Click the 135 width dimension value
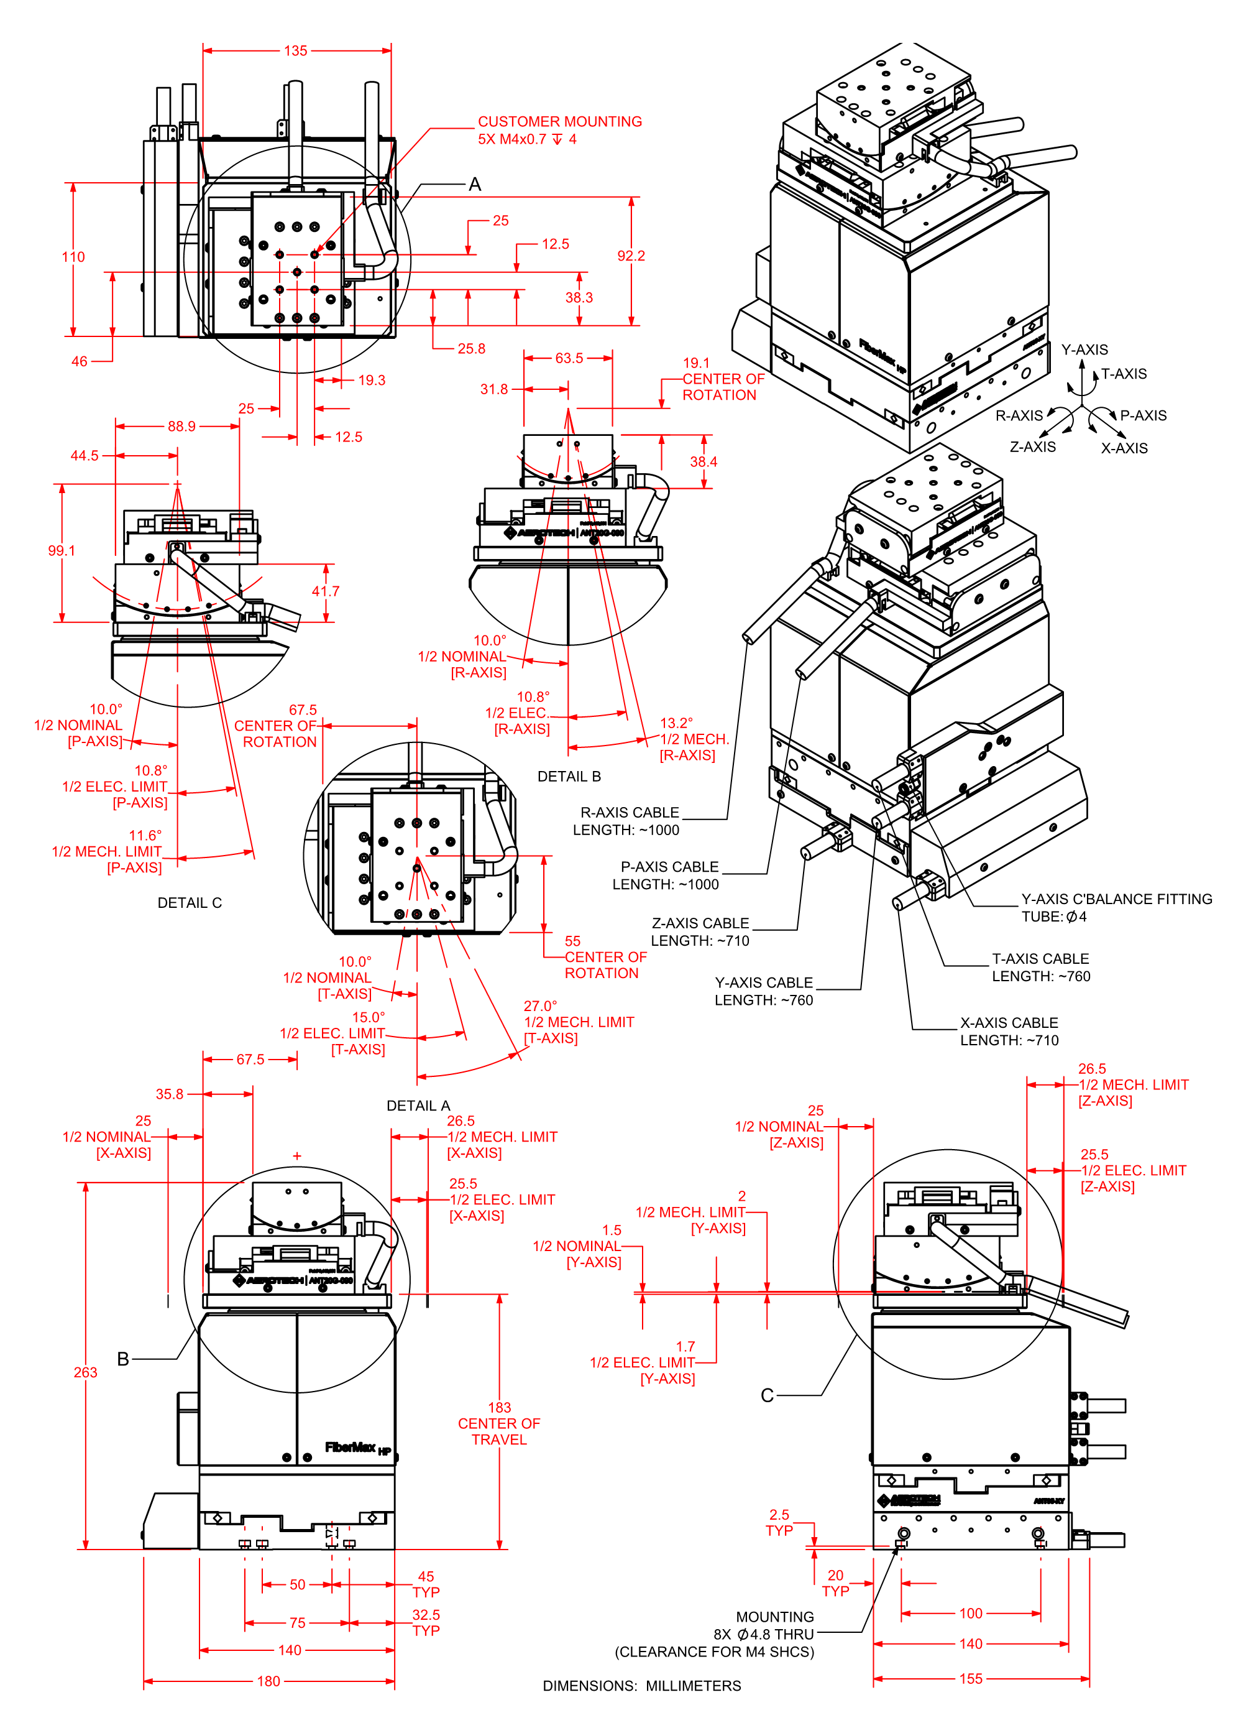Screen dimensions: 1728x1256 [296, 51]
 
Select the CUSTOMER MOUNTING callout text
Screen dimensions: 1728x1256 [559, 122]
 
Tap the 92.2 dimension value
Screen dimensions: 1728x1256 [631, 256]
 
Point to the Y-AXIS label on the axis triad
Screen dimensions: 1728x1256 [1084, 349]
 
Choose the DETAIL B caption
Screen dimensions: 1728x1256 [569, 777]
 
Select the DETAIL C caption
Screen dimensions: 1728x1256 [190, 903]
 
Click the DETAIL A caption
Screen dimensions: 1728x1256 [418, 1106]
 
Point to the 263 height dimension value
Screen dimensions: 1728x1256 [85, 1372]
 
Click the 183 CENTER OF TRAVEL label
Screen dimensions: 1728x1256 [499, 1423]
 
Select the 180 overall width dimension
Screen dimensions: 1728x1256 [268, 1681]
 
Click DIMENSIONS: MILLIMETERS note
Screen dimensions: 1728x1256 [641, 1686]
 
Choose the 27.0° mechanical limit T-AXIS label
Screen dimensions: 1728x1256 [578, 1022]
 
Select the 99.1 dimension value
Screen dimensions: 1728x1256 [61, 551]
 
